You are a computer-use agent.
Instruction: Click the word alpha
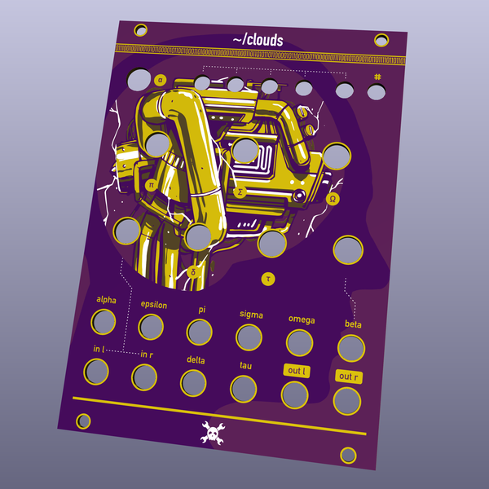106,299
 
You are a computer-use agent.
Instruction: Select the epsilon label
153,305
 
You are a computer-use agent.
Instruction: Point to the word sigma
251,314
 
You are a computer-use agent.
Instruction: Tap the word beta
353,324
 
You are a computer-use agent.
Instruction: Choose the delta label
196,359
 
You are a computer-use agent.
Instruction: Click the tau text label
246,365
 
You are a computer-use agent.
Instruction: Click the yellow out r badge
348,377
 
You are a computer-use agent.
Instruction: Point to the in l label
99,349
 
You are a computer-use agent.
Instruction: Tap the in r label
147,355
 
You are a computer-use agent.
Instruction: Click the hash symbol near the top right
377,77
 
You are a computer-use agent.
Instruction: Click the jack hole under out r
346,401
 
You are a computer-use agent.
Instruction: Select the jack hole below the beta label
350,348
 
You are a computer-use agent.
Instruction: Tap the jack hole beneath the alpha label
104,323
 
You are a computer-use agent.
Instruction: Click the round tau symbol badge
267,279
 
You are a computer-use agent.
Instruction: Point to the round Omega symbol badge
333,198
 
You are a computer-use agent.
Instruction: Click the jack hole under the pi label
199,333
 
